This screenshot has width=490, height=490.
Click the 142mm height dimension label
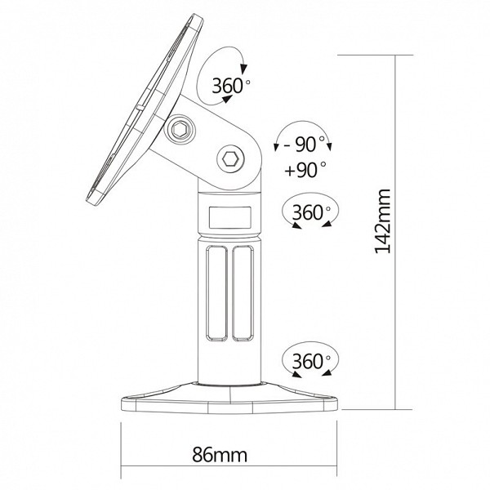pos(382,221)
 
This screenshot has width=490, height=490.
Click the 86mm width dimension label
pos(220,455)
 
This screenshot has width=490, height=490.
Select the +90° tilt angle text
pos(305,169)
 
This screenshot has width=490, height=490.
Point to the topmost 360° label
pos(231,85)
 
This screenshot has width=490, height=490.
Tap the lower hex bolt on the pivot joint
pos(230,159)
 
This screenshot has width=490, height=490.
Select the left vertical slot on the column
pos(216,293)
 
